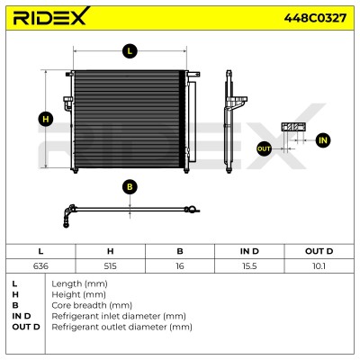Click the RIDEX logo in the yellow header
[51, 15]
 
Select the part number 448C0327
[315, 18]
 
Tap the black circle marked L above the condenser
[130, 51]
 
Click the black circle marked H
[46, 120]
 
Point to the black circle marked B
[130, 187]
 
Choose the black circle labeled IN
[323, 140]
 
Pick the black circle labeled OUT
[264, 148]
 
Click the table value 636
[40, 266]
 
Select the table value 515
[110, 266]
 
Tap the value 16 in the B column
[180, 266]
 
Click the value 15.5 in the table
[249, 266]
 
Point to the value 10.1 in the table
[319, 266]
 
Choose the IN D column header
[249, 251]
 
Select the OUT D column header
[319, 251]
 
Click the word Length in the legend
[67, 284]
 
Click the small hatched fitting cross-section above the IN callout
[293, 127]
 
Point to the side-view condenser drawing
[233, 121]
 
